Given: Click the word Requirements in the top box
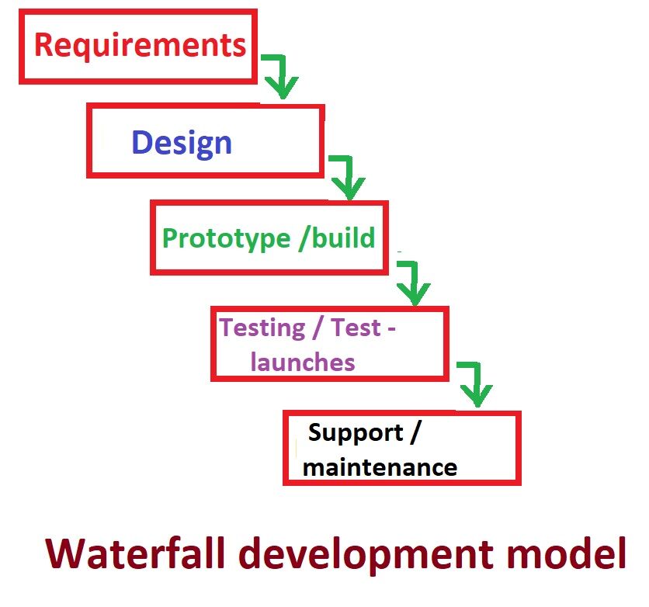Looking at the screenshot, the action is click(140, 46).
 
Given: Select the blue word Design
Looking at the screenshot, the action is click(182, 143).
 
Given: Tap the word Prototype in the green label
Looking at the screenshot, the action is click(227, 239).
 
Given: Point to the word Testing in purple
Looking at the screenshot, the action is click(262, 328).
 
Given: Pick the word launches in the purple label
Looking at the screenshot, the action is click(303, 362).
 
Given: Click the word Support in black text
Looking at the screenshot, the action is click(356, 434).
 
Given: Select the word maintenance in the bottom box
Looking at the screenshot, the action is click(380, 467).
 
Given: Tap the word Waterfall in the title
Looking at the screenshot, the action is click(136, 553).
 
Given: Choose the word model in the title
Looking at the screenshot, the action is click(566, 553).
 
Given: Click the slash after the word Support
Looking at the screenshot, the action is click(415, 432).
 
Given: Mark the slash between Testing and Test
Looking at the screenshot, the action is click(318, 328).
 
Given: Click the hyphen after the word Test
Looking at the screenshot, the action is click(391, 329).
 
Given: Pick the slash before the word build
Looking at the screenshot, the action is click(304, 238).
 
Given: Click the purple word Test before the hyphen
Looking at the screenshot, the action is click(356, 328).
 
